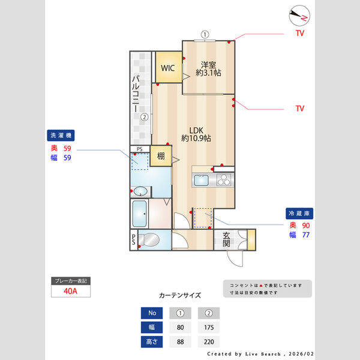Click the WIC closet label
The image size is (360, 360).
click(167, 68)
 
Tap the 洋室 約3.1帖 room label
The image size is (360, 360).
click(208, 68)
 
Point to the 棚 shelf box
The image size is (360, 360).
click(161, 156)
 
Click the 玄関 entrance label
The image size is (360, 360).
click(226, 239)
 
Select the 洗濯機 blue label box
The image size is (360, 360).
click(61, 135)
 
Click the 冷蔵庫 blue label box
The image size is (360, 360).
click(299, 213)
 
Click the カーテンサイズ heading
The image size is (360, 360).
click(180, 296)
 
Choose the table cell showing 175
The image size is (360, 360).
click(209, 328)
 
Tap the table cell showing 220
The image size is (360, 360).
click(209, 343)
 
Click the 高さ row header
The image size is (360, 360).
click(151, 343)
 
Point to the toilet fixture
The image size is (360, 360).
click(149, 240)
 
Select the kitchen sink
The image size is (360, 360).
click(200, 181)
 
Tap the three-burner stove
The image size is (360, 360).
click(223, 180)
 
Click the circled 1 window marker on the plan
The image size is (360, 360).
click(205, 34)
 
